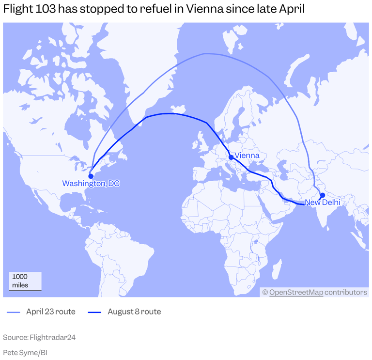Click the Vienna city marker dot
[x=231, y=157]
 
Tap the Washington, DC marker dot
[x=91, y=176]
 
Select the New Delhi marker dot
[x=323, y=195]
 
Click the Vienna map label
[x=247, y=156]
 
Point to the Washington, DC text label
[x=91, y=184]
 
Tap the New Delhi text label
[x=322, y=202]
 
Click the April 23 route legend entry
[x=50, y=312]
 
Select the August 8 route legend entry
[x=134, y=312]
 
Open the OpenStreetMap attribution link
[x=296, y=292]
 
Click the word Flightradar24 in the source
[x=52, y=337]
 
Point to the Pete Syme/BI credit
[x=25, y=352]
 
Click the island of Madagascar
[x=278, y=268]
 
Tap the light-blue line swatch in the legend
[x=14, y=312]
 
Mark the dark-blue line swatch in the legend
[x=94, y=312]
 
